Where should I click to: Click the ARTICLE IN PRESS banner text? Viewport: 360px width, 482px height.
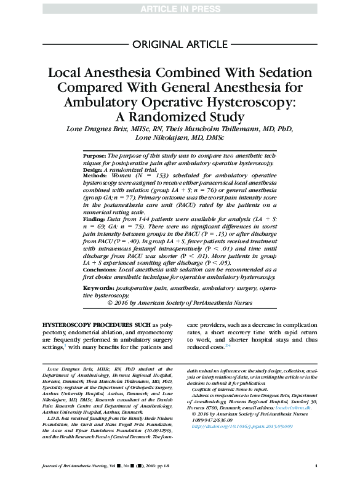coord(180,8)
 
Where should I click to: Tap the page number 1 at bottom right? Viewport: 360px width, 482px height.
coord(315,465)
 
